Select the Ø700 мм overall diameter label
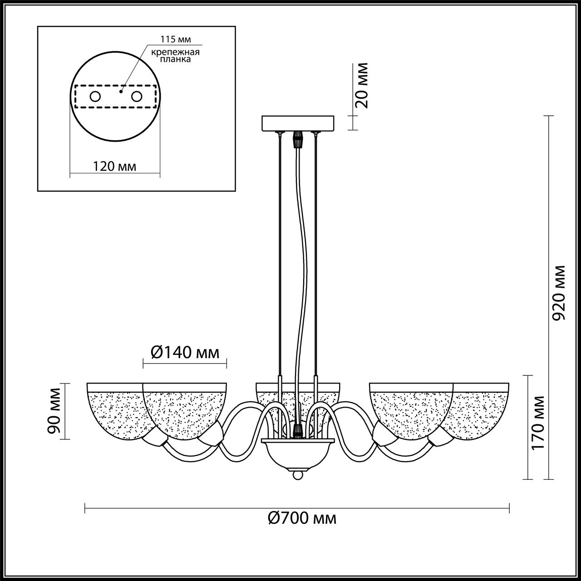pos(302,518)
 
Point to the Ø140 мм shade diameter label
pos(184,352)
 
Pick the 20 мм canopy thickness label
pos(362,85)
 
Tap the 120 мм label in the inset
pos(114,166)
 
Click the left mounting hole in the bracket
pos(95,97)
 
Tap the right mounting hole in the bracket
pos(137,97)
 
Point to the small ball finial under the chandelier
pos(297,475)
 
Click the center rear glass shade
pos(297,390)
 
